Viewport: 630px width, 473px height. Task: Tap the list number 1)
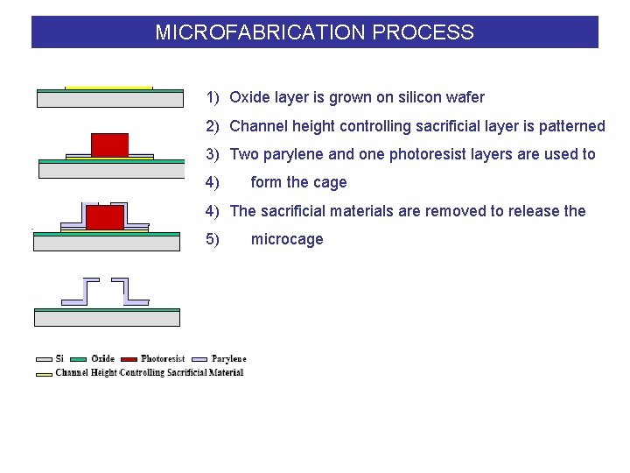213,97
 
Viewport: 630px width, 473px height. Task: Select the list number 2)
213,126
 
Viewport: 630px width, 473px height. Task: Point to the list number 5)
213,239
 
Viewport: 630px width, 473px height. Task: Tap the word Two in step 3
244,154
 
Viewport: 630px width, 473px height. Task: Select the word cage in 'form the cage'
330,182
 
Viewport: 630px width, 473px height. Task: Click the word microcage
287,239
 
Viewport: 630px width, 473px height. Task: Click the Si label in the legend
59,358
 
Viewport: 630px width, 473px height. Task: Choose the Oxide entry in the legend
102,358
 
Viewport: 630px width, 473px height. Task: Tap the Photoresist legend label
163,358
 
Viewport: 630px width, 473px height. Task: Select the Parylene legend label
229,358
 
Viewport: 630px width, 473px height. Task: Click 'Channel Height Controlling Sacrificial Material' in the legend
149,372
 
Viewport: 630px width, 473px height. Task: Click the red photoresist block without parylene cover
109,145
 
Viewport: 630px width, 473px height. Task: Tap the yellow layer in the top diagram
109,88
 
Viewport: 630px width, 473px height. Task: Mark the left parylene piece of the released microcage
87,291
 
